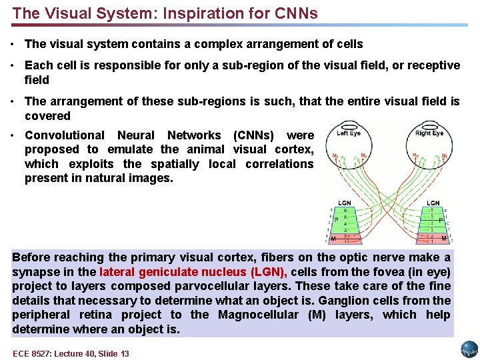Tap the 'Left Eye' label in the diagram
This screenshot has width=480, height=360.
click(x=350, y=133)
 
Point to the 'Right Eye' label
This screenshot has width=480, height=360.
click(x=429, y=133)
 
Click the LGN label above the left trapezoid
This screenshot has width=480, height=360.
click(x=345, y=203)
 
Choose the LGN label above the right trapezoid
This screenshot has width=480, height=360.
click(x=433, y=203)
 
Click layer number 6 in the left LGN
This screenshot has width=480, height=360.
click(x=345, y=210)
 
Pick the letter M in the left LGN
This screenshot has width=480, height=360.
click(x=333, y=238)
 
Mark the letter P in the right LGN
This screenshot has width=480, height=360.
click(x=441, y=220)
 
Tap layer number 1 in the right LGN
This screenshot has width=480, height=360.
click(x=432, y=241)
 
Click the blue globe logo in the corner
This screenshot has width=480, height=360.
click(x=469, y=349)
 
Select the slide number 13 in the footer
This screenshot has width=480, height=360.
click(x=124, y=353)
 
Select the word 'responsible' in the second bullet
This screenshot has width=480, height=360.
click(x=104, y=65)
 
